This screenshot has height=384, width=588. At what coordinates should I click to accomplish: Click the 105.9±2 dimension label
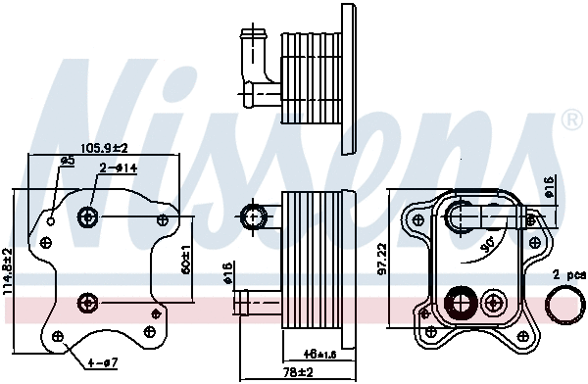tap(103, 148)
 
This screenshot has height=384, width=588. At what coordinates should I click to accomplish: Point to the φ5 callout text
tap(68, 160)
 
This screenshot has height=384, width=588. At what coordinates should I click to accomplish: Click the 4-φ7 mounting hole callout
tap(101, 364)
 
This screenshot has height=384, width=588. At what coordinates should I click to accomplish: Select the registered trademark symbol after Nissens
tap(570, 120)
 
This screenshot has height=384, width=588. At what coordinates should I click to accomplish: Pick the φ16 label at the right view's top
tap(548, 186)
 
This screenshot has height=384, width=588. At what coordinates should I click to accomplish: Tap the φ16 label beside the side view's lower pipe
tap(228, 273)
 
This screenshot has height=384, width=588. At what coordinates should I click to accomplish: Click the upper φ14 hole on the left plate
tap(89, 216)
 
